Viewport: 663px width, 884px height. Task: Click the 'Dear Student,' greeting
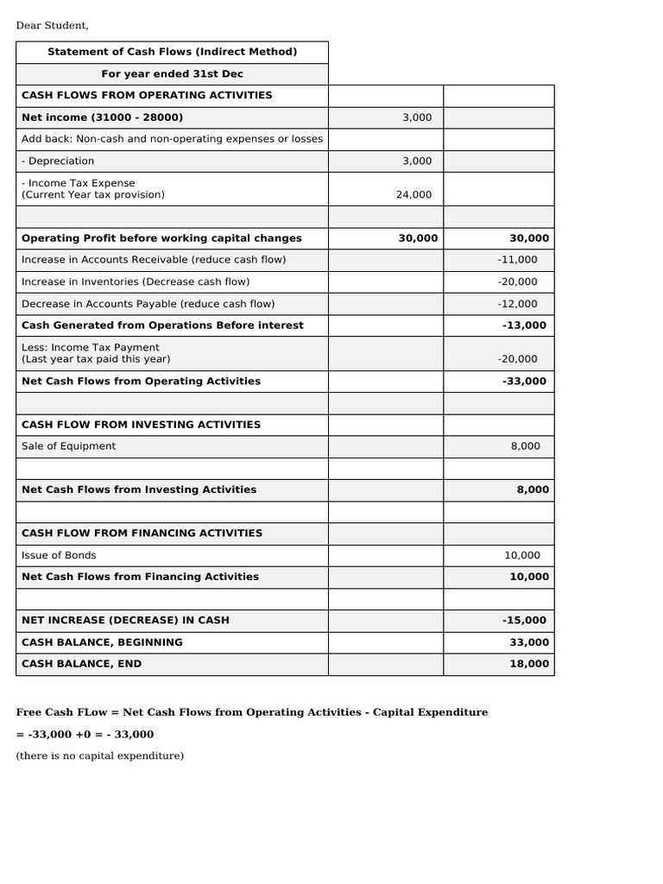53,25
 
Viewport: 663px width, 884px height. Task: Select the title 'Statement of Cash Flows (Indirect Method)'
172,52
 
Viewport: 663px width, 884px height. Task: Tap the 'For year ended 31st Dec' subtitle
172,74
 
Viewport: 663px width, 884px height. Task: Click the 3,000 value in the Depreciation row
417,161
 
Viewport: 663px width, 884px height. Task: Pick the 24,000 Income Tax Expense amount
414,195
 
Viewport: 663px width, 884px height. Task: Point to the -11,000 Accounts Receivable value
517,260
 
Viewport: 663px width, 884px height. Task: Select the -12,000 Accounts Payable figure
517,304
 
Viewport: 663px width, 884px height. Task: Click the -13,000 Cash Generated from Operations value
524,325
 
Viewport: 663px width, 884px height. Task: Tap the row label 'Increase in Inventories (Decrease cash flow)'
136,281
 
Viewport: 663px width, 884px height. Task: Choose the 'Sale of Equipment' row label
68,446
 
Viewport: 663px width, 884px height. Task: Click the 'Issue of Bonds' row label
59,555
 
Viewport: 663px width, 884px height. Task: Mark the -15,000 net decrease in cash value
524,621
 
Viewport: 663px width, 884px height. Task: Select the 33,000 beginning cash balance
529,642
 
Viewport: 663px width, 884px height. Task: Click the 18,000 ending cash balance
529,664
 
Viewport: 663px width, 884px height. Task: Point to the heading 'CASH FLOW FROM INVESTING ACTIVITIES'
141,425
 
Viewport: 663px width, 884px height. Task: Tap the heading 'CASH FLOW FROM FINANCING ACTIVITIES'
142,534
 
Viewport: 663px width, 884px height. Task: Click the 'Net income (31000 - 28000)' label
102,117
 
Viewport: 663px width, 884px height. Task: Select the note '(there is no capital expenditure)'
100,756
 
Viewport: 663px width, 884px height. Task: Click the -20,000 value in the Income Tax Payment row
517,359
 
